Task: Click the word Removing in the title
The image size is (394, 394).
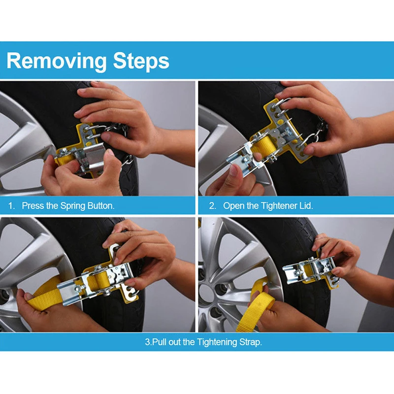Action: coord(57,61)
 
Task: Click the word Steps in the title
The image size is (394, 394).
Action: coord(141,61)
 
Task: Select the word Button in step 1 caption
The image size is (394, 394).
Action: coord(100,206)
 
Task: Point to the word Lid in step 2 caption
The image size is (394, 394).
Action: coord(306,206)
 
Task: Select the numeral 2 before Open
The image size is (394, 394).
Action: coord(212,206)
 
